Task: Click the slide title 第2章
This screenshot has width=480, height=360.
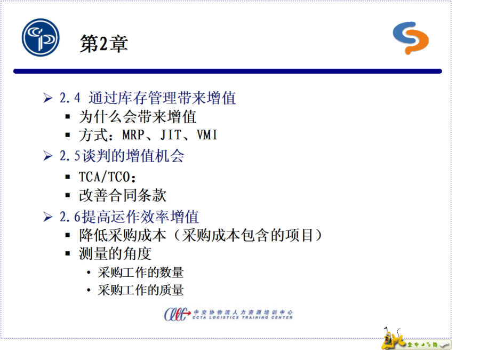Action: point(103,44)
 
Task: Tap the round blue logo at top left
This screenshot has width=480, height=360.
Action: point(41,37)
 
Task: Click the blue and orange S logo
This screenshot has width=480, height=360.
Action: point(411,38)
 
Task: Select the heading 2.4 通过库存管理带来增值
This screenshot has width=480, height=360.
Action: point(148,98)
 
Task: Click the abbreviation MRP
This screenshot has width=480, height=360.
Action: point(133,135)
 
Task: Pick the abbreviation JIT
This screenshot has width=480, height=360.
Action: point(171,135)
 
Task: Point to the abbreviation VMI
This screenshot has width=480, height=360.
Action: point(207,135)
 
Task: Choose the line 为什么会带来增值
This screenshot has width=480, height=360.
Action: point(138,117)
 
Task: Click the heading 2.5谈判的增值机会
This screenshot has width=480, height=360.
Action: point(122,156)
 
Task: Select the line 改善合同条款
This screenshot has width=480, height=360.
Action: point(123,195)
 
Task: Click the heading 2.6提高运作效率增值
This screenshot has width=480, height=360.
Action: point(129,217)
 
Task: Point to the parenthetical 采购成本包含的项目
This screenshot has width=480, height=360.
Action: point(248,235)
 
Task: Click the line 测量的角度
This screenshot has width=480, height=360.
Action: point(115,253)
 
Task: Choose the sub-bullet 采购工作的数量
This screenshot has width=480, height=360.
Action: point(140,273)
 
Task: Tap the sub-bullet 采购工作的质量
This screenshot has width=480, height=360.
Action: point(140,290)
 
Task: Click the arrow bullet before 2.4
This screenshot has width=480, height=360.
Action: point(48,98)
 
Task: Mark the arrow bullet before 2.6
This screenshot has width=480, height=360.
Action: point(48,217)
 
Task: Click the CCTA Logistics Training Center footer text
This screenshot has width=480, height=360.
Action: point(243,317)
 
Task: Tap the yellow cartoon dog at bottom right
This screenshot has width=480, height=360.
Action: point(391,339)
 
